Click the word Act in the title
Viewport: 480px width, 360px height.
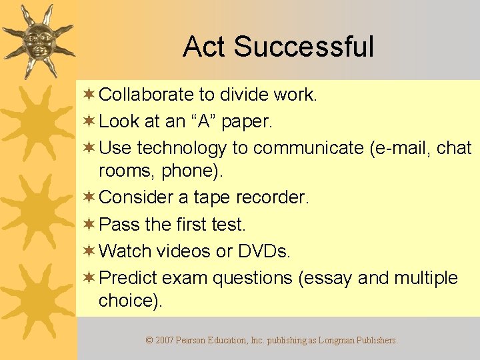click(x=205, y=47)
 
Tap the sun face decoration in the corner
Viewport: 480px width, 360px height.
click(x=37, y=39)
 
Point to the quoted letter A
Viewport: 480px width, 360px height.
click(x=204, y=122)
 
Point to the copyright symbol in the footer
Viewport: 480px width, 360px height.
click(x=149, y=340)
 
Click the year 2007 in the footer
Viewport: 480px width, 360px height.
click(x=165, y=340)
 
